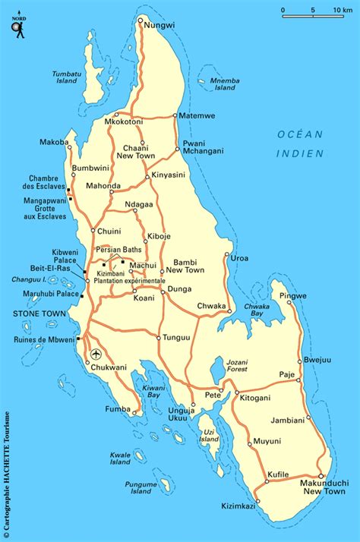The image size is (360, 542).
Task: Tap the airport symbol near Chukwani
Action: pos(96,354)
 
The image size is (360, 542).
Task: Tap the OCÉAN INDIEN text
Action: pos(299,143)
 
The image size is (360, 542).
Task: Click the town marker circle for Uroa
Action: pos(227,255)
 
